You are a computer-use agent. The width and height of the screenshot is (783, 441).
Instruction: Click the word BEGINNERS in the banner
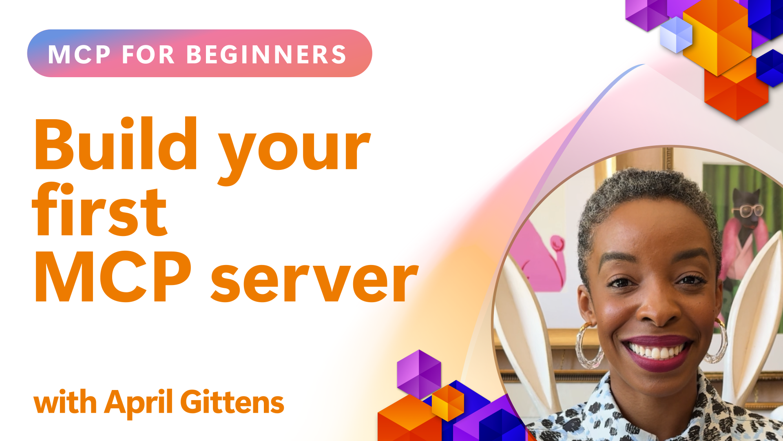(x=266, y=54)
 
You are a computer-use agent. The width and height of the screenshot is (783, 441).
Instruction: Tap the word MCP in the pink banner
(x=79, y=54)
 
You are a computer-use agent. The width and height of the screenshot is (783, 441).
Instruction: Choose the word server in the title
(x=314, y=282)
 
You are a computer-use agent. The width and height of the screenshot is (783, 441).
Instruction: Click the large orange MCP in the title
(x=113, y=276)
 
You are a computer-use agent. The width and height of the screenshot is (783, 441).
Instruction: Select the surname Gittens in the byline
(x=232, y=402)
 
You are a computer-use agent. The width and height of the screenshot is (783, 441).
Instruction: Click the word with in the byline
(x=65, y=402)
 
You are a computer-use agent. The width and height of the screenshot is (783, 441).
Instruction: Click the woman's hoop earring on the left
(x=588, y=345)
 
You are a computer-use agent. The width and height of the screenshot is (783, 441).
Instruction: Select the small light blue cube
(x=676, y=35)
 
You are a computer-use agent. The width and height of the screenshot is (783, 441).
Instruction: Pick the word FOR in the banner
(x=148, y=54)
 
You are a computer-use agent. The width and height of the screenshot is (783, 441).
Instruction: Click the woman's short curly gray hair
(x=648, y=196)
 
